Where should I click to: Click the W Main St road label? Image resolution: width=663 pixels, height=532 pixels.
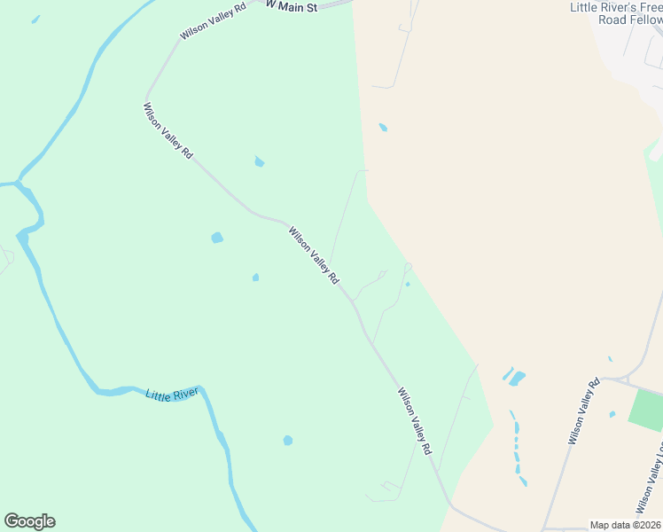pos(292,4)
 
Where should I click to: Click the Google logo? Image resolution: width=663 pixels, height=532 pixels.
pos(29,521)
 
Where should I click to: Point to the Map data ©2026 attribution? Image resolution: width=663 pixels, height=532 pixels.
pos(625,525)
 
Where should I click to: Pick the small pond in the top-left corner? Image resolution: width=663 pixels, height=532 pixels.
pos(35,19)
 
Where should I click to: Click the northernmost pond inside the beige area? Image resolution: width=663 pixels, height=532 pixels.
pos(383,128)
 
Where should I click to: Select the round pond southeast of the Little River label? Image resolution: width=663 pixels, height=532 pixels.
pos(287,440)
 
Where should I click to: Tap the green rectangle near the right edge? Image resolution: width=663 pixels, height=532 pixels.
pos(645,410)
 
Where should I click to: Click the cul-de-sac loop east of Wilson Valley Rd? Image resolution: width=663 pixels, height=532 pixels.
pos(408,266)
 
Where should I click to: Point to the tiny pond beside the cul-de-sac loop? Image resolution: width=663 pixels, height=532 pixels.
pos(407,285)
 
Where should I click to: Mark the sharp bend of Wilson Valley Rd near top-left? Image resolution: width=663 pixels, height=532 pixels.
pos(147,94)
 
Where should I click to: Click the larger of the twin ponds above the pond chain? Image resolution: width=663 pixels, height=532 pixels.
pos(517,378)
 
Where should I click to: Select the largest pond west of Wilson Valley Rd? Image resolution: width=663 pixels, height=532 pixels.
pos(216,238)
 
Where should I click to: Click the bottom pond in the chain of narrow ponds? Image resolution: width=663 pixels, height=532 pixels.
pos(523,481)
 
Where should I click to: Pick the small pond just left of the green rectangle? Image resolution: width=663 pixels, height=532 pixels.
pos(612,414)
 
